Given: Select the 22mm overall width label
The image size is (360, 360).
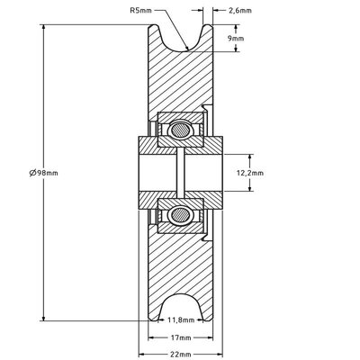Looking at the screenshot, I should [x=178, y=354].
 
